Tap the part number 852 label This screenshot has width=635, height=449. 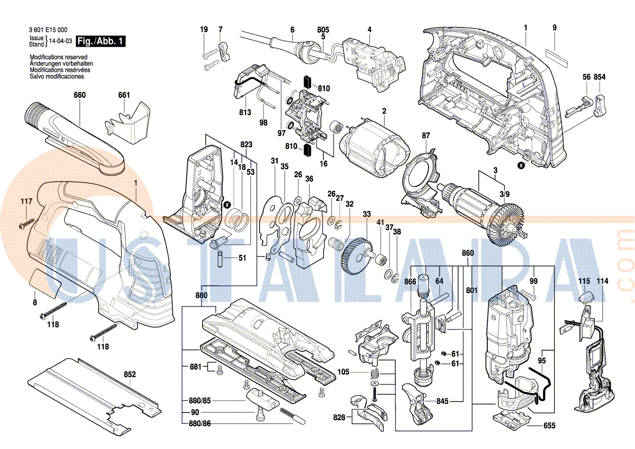pyautogui.click(x=130, y=374)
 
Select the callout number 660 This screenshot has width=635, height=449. pyautogui.click(x=80, y=95)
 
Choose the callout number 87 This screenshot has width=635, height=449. pyautogui.click(x=426, y=135)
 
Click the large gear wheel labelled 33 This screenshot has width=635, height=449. pyautogui.click(x=356, y=255)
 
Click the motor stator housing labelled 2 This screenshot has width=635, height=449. pyautogui.click(x=375, y=146)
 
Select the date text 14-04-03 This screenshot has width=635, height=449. pyautogui.click(x=61, y=41)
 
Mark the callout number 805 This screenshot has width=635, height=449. pyautogui.click(x=323, y=29)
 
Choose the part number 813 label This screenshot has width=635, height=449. pyautogui.click(x=245, y=113)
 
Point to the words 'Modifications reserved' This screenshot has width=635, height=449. pyautogui.click(x=59, y=57)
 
